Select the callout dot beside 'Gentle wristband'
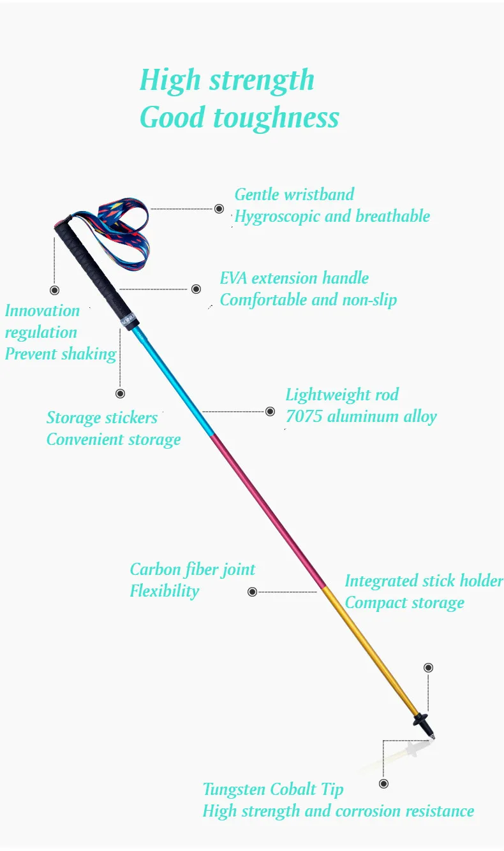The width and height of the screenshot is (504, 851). (x=219, y=208)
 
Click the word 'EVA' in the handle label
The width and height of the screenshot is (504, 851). (x=233, y=279)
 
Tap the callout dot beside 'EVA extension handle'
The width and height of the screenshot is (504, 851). (x=196, y=289)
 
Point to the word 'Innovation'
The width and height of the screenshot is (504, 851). (x=42, y=311)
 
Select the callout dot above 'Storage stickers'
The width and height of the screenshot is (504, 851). (x=120, y=393)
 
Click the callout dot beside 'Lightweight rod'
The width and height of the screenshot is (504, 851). (x=271, y=411)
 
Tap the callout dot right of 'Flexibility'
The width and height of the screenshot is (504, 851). (x=252, y=592)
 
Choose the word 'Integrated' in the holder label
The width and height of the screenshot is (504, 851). (x=382, y=581)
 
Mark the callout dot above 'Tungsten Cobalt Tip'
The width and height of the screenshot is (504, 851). (x=383, y=783)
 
